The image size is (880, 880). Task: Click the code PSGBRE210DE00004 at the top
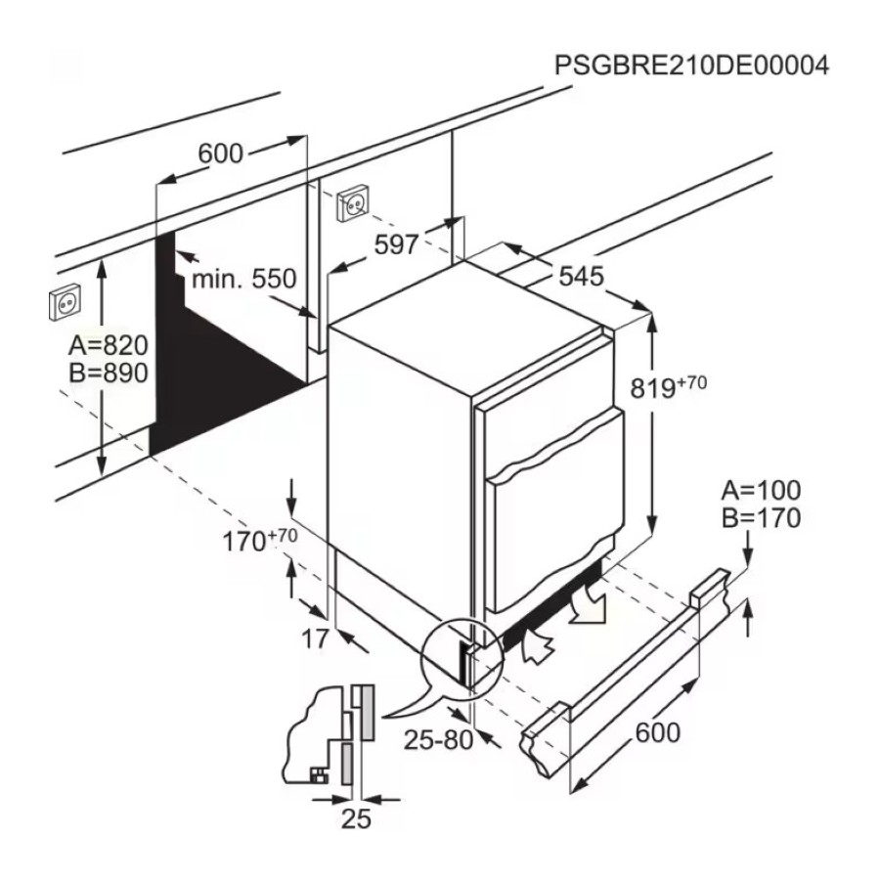pyautogui.click(x=691, y=66)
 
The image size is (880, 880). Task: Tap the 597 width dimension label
pyautogui.click(x=397, y=244)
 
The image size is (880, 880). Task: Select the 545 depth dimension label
pyautogui.click(x=582, y=276)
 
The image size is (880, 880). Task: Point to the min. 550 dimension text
pyautogui.click(x=244, y=279)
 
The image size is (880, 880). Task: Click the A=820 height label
pyautogui.click(x=109, y=345)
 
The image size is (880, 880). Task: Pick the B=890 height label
pyautogui.click(x=109, y=373)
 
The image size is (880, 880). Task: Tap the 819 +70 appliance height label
pyautogui.click(x=668, y=386)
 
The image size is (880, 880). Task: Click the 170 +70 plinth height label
pyautogui.click(x=260, y=540)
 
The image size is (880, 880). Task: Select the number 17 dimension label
pyautogui.click(x=315, y=638)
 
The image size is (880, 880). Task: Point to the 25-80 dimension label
pyautogui.click(x=439, y=740)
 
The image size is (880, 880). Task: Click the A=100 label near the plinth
pyautogui.click(x=761, y=491)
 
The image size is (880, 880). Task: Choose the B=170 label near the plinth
pyautogui.click(x=761, y=518)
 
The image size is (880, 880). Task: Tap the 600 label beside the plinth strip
pyautogui.click(x=658, y=732)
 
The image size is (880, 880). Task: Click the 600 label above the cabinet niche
pyautogui.click(x=221, y=154)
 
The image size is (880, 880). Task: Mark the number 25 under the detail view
pyautogui.click(x=356, y=818)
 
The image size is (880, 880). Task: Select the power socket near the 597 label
pyautogui.click(x=353, y=202)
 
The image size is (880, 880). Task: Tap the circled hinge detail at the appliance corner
pyautogui.click(x=462, y=657)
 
